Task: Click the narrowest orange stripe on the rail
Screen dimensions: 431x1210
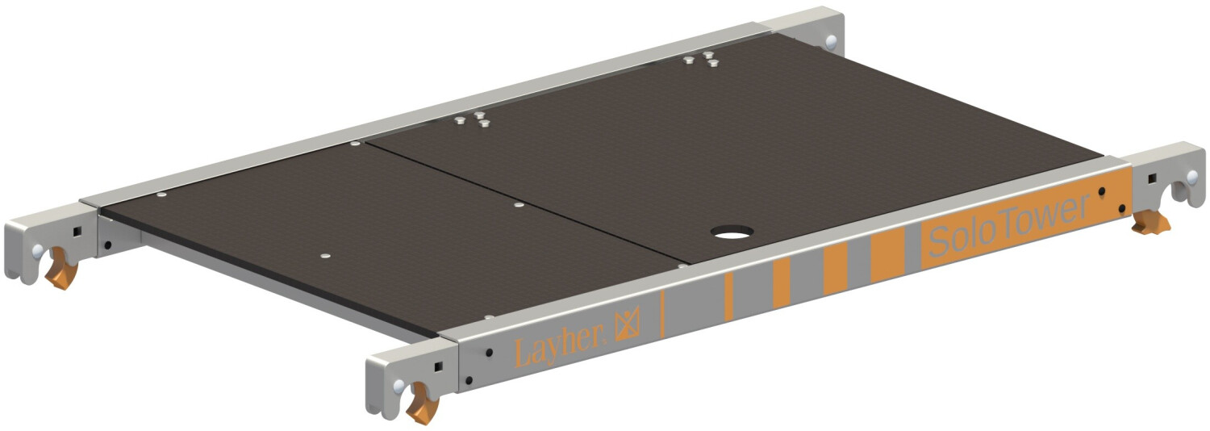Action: click(728, 296)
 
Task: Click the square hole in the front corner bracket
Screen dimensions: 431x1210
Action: click(438, 367)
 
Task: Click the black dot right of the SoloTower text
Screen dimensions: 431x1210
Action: click(1102, 193)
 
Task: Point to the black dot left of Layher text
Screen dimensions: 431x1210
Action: click(489, 353)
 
